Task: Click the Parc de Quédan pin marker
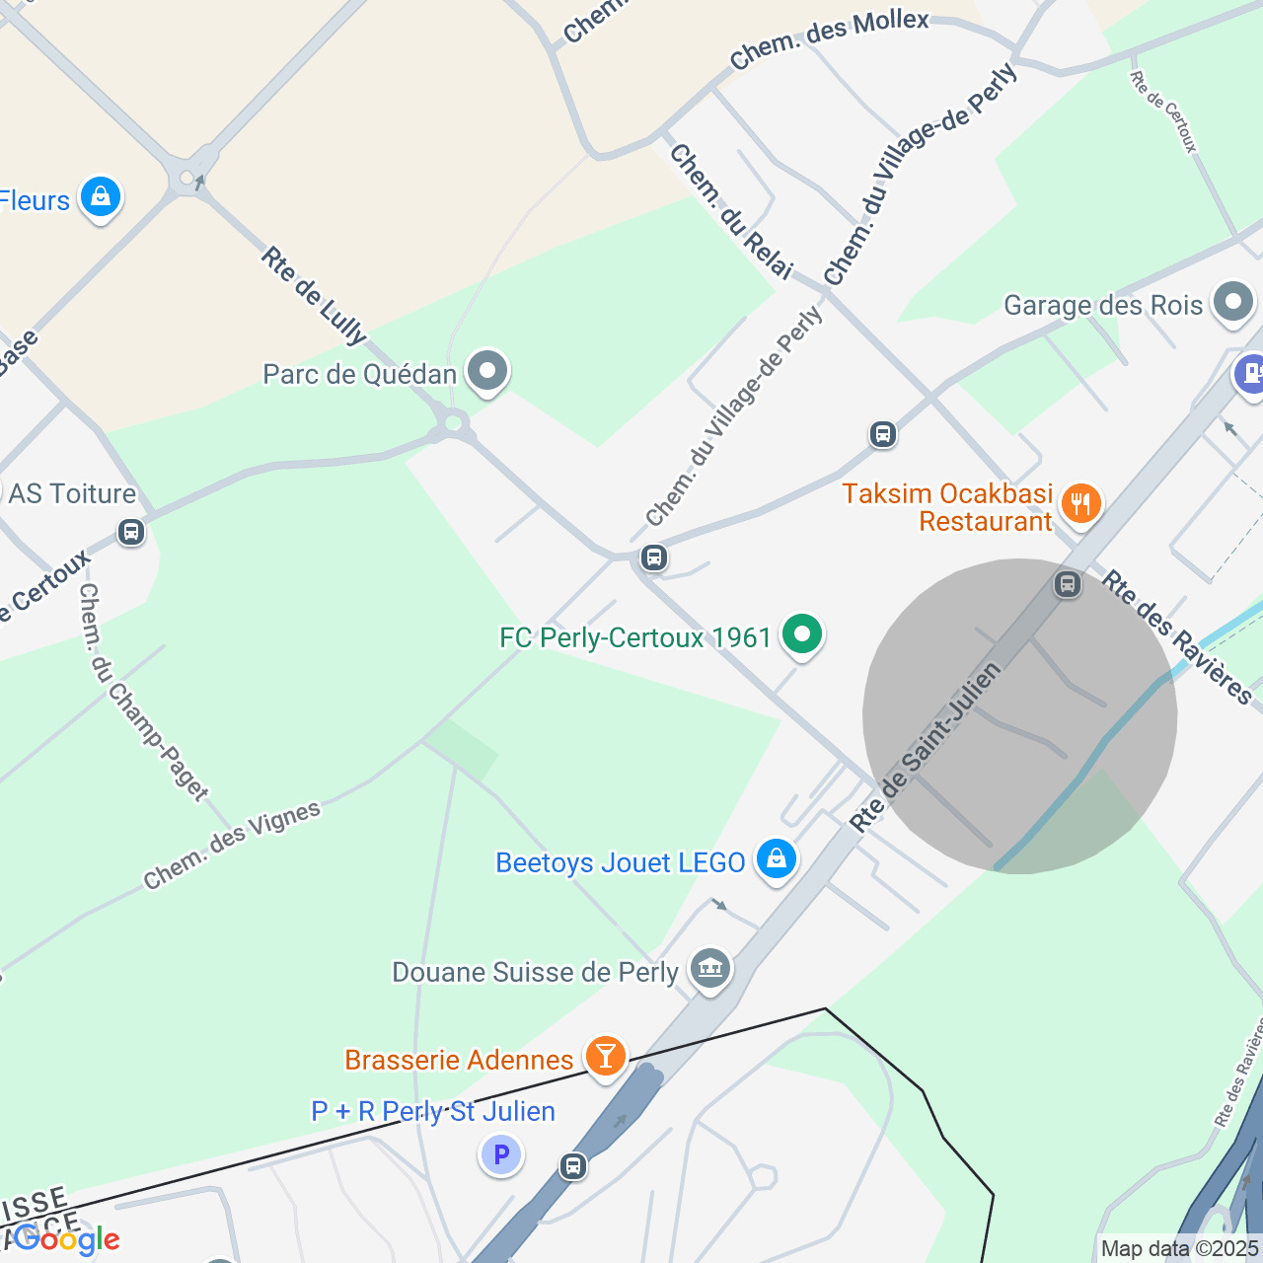point(487,372)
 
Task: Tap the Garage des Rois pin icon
point(1232,303)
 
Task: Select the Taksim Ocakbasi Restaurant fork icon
point(1081,504)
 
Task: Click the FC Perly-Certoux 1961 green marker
point(802,634)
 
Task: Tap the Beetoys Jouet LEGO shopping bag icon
point(777,859)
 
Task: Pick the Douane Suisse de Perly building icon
point(709,969)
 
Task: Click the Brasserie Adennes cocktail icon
point(605,1057)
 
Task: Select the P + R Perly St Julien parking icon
point(500,1153)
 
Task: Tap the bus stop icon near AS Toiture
point(131,533)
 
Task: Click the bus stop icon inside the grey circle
point(1067,584)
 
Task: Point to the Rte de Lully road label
point(314,296)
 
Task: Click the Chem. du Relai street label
point(731,211)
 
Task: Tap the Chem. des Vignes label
point(232,845)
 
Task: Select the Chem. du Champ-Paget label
point(143,692)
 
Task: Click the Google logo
point(67,1239)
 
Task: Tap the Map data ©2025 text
point(1179,1248)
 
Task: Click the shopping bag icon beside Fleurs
point(100,197)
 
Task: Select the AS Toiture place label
point(72,493)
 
